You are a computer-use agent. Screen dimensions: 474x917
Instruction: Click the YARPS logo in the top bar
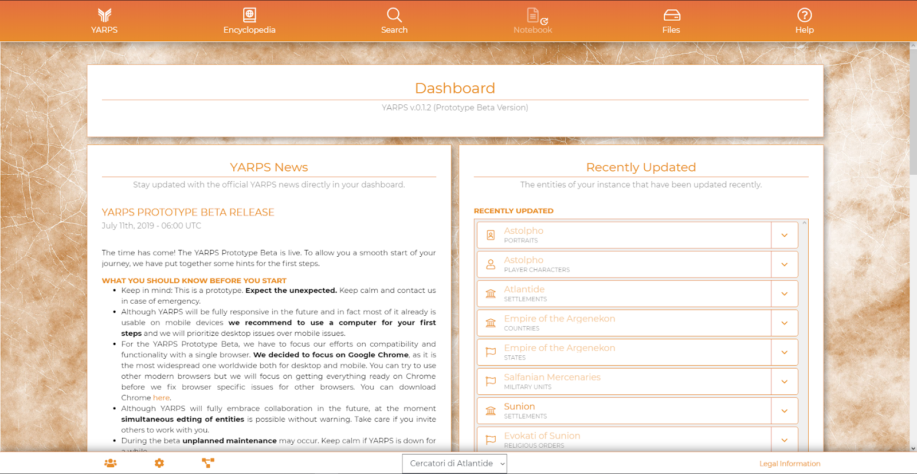[104, 15]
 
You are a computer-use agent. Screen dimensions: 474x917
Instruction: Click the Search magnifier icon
[394, 15]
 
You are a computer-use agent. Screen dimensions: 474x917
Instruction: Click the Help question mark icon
[804, 15]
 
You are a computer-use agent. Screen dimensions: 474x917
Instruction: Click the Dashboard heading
[454, 88]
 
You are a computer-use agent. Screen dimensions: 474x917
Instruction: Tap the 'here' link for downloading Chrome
[161, 398]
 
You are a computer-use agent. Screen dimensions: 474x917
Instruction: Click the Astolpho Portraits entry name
[523, 230]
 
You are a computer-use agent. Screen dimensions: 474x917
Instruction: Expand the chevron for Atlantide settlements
[784, 294]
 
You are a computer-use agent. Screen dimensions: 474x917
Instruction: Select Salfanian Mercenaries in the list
[552, 377]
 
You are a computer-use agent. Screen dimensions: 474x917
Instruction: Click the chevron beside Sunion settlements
[784, 411]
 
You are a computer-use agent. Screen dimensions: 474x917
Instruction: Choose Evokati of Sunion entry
[542, 436]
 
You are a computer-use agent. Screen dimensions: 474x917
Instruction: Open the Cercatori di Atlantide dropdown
[454, 464]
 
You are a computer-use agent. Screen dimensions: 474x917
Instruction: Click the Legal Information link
[789, 464]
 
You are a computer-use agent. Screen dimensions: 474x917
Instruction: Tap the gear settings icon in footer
[159, 463]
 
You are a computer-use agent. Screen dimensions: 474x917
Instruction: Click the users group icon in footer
[111, 463]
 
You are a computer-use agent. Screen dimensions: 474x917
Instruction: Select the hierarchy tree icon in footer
[208, 463]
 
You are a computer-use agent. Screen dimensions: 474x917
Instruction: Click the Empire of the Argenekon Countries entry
[559, 319]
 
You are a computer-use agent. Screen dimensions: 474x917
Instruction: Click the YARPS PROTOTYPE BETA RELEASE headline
[188, 213]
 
